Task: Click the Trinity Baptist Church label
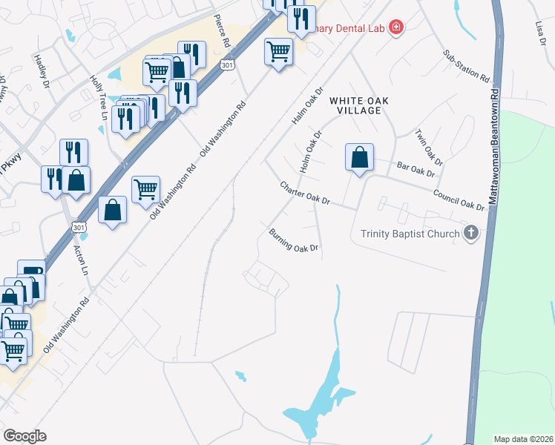coord(410,234)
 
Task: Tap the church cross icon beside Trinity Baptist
coord(470,234)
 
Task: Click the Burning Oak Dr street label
coord(294,240)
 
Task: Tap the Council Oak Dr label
coord(459,200)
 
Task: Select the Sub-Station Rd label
coord(467,66)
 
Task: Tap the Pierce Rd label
coord(222,32)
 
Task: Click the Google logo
coord(24,436)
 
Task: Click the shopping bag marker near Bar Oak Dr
coord(359,158)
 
